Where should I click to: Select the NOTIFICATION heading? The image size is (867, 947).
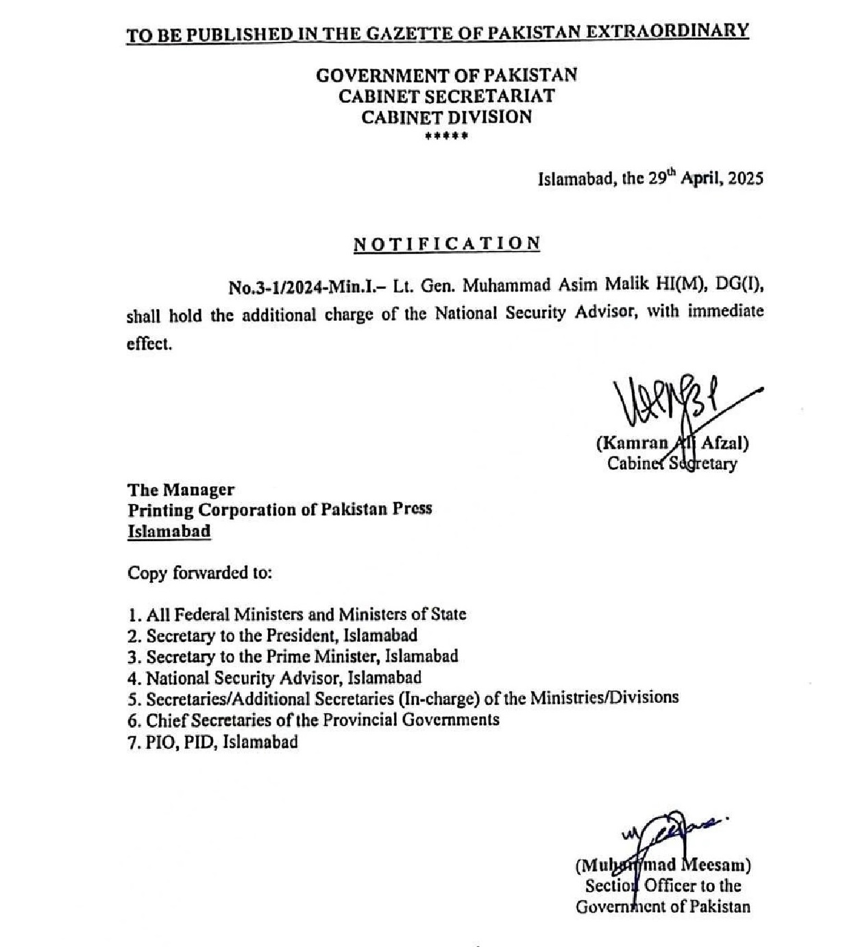pos(447,244)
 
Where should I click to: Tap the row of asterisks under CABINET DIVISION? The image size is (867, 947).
pos(446,136)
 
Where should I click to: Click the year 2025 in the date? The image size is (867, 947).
pos(745,179)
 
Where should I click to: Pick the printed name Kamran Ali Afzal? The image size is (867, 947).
pos(672,444)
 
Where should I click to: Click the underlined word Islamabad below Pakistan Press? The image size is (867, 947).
pos(169,531)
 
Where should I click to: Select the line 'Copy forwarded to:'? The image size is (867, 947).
pos(199,573)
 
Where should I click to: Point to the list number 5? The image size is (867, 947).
pos(133,699)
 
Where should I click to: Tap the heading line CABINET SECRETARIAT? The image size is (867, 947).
pos(446,96)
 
